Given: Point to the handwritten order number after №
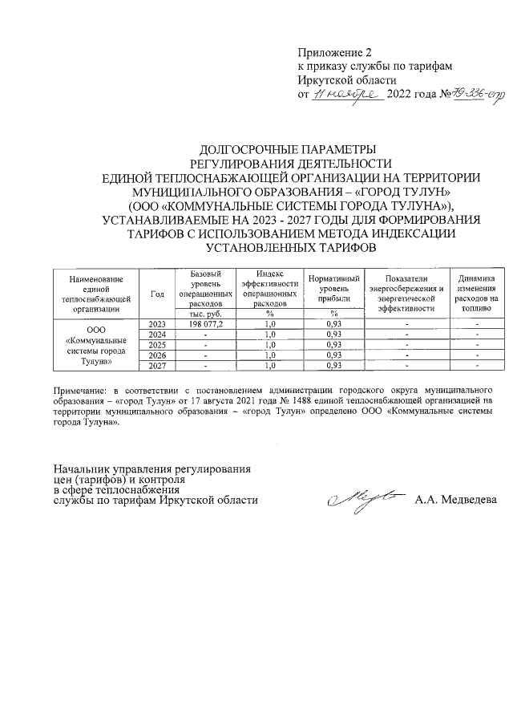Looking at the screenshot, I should (x=473, y=94).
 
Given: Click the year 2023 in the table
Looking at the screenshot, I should (x=157, y=323).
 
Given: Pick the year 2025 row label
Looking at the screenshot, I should (x=157, y=345).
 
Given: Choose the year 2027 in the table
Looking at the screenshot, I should (x=157, y=367).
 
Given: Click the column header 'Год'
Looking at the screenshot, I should (x=157, y=294).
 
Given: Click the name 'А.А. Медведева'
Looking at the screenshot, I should (x=455, y=500).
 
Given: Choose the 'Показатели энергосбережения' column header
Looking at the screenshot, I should (x=406, y=293).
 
